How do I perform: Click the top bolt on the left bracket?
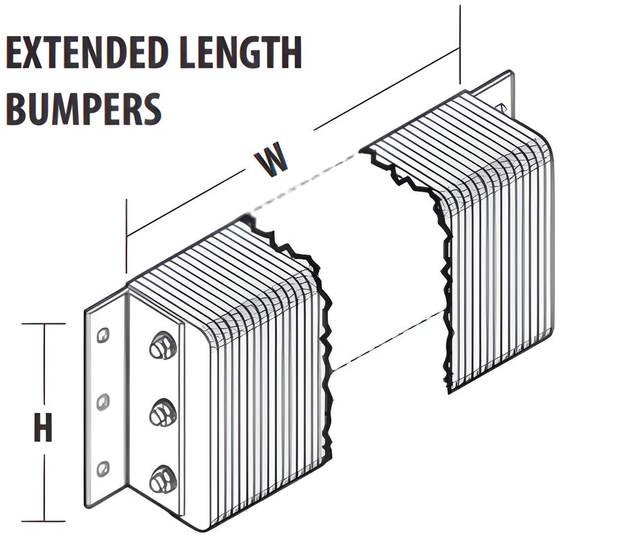[161, 346]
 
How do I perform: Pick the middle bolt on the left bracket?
[163, 413]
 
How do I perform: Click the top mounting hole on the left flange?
[103, 334]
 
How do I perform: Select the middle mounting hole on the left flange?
[103, 401]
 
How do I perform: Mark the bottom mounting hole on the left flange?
[103, 468]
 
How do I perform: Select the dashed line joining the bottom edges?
[387, 339]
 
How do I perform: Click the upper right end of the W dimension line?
[459, 48]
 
